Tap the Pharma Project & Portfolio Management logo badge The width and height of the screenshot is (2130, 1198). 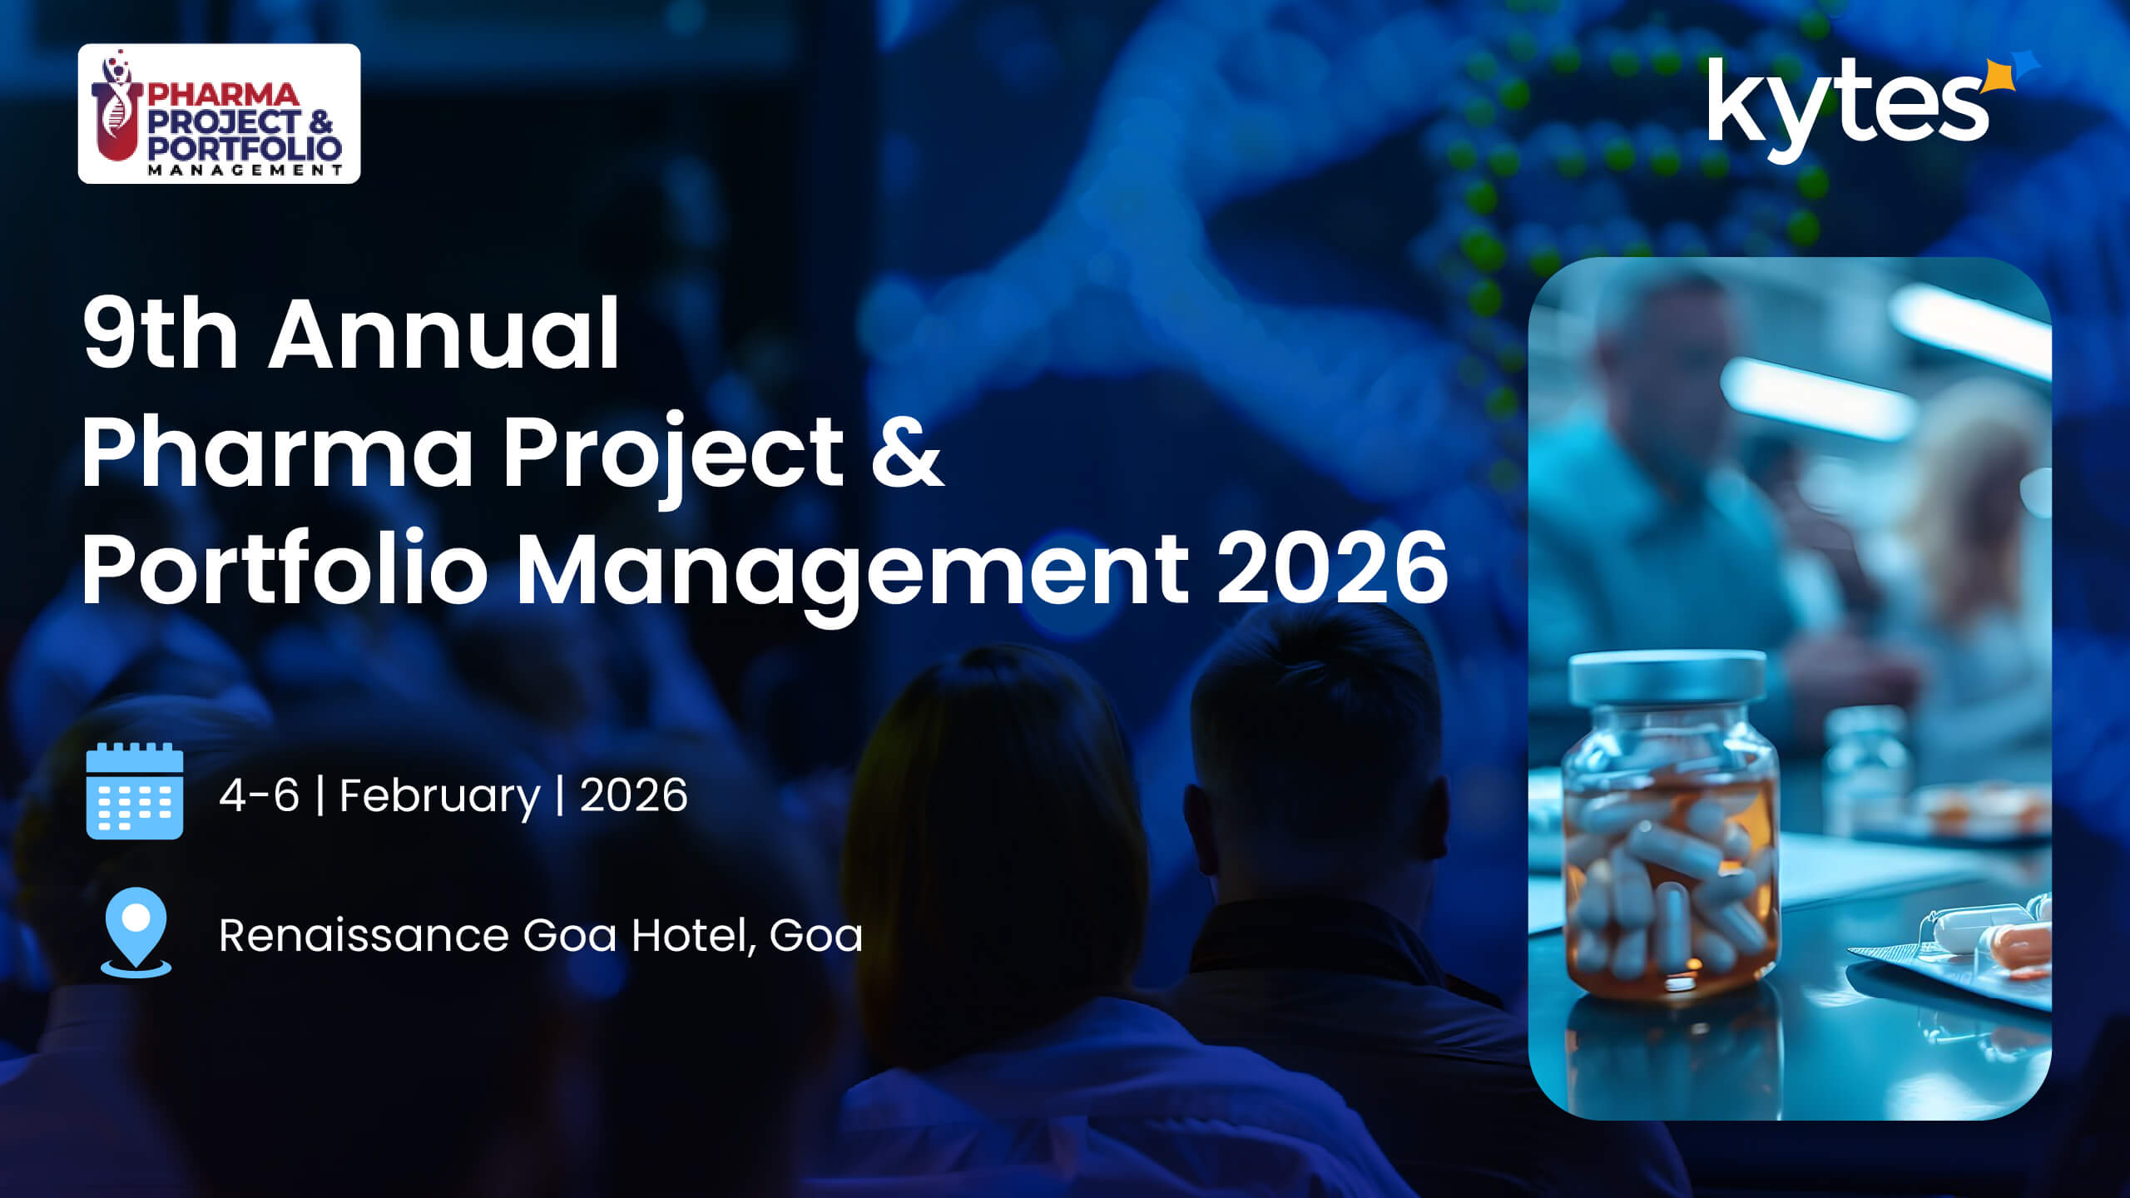pos(219,113)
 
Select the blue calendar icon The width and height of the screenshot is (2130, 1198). pos(135,791)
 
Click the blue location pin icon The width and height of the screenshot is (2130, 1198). pos(136,933)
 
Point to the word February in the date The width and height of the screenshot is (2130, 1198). pos(439,796)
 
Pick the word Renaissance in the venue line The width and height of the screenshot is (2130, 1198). pos(363,935)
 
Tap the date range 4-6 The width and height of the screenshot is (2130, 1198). pos(259,795)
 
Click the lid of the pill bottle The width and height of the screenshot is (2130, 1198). pos(1667,677)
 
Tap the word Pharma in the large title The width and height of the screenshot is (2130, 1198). pos(277,452)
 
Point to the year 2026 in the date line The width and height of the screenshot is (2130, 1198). pos(633,795)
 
